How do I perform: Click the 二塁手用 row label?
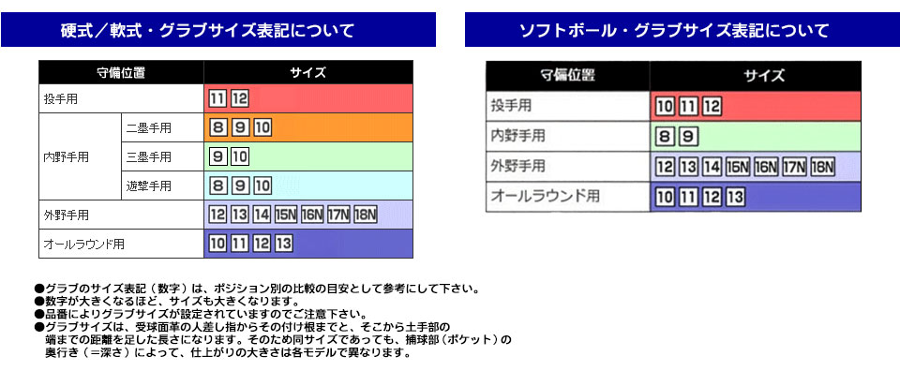(x=148, y=127)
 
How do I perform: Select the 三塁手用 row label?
(x=148, y=156)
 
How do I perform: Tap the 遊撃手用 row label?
(x=148, y=185)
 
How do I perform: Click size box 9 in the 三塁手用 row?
(x=218, y=156)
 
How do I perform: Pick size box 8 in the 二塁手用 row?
(x=218, y=127)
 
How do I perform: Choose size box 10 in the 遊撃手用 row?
(x=262, y=185)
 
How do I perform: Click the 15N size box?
(x=286, y=215)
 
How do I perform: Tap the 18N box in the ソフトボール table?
(x=822, y=168)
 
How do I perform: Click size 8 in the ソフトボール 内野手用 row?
(x=665, y=137)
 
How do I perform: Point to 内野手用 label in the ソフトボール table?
(x=517, y=137)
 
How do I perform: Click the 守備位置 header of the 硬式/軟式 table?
(x=120, y=72)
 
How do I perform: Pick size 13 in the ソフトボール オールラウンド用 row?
(x=734, y=197)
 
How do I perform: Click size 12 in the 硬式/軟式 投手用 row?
(x=239, y=98)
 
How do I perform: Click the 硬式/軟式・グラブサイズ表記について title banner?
(x=218, y=30)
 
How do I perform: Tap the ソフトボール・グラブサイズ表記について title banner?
(x=674, y=30)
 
